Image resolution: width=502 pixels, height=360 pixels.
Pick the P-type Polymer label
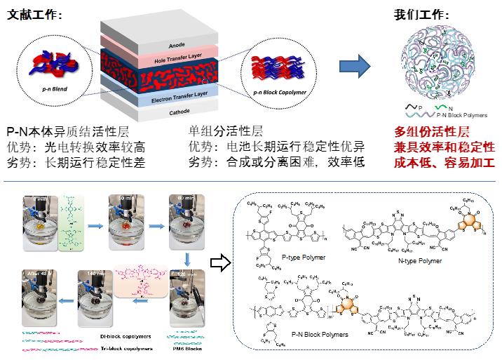(x=291, y=258)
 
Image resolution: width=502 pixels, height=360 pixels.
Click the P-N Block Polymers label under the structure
(x=311, y=335)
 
